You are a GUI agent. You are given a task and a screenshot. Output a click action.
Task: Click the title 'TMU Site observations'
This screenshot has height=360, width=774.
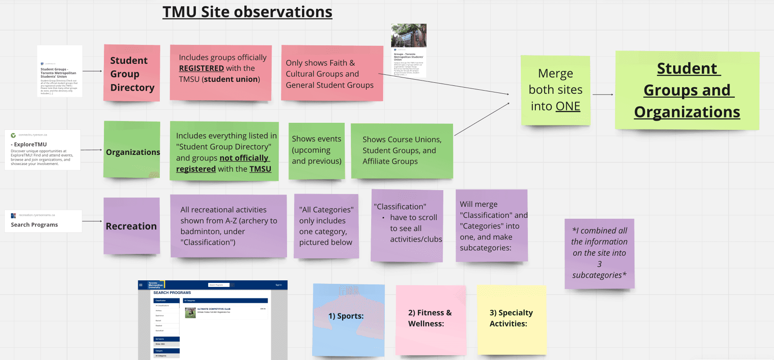click(247, 12)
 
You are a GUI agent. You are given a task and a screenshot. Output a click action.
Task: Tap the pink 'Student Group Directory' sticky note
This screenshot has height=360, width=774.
click(132, 73)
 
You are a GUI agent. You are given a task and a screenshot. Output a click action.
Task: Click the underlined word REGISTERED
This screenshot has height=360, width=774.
click(201, 68)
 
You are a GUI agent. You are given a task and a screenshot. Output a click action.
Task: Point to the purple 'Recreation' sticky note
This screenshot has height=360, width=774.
click(131, 226)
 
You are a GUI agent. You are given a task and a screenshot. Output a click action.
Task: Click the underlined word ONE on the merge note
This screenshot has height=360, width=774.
click(568, 106)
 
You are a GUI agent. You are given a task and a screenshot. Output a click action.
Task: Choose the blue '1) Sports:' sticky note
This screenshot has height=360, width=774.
click(348, 320)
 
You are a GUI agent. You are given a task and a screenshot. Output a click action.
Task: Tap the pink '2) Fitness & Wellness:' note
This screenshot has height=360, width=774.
click(430, 320)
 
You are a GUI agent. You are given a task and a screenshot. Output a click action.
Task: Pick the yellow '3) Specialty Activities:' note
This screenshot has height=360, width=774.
click(511, 320)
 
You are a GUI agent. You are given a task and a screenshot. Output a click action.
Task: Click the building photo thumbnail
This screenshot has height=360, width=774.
click(409, 35)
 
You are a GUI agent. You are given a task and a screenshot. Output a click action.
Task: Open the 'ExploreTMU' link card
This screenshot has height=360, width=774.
click(42, 150)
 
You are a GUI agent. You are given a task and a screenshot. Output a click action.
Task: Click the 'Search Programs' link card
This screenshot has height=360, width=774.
click(43, 221)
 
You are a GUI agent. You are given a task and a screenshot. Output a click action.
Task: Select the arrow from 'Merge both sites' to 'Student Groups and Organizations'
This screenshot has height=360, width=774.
click(602, 95)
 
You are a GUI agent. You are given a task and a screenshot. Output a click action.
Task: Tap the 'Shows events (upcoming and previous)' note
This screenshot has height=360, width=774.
click(317, 151)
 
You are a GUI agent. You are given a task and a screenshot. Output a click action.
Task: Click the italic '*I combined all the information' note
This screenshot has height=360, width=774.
click(599, 253)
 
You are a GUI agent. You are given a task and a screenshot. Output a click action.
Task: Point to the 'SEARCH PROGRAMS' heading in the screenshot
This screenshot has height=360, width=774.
click(172, 293)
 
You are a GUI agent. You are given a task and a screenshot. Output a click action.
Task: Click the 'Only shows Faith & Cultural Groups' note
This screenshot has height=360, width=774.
click(332, 73)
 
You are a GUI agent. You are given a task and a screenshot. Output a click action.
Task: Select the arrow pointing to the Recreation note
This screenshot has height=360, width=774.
click(92, 221)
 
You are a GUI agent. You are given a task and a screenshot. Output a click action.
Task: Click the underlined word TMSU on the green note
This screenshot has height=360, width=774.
click(260, 169)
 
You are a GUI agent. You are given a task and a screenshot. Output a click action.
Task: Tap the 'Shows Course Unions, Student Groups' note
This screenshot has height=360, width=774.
click(402, 151)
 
